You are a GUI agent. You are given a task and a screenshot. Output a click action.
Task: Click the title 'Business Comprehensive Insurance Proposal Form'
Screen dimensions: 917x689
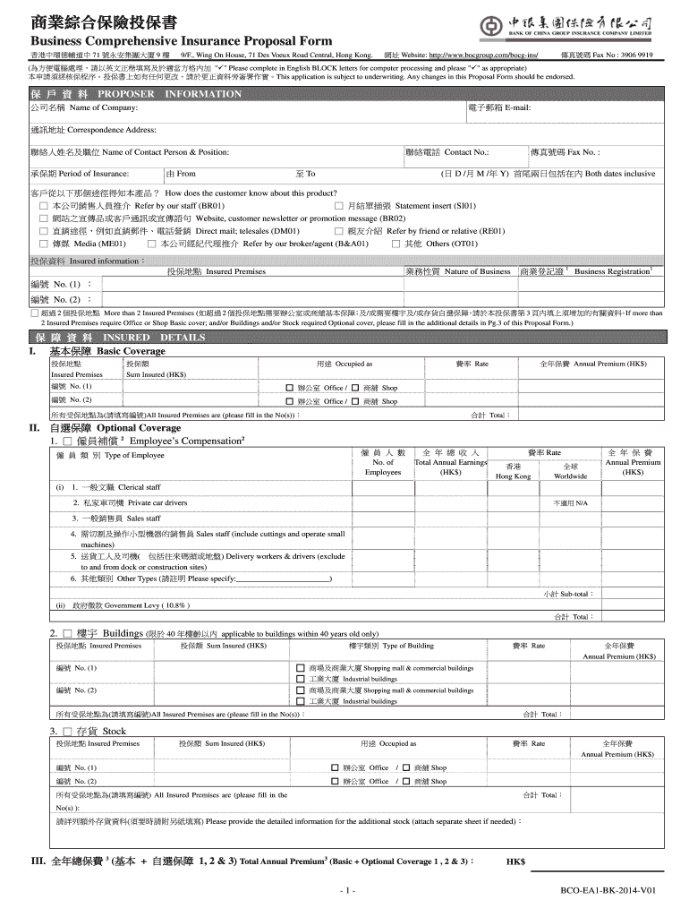182,41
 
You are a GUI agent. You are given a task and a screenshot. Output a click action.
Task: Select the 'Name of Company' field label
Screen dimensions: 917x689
84,107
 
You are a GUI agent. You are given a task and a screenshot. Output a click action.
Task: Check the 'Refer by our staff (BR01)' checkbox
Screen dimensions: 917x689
43,205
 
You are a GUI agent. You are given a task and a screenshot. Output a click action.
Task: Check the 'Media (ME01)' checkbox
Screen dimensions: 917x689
43,243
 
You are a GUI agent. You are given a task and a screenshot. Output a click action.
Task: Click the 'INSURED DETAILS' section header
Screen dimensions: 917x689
134,338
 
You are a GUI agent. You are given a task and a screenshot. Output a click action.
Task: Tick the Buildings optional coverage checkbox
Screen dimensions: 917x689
66,632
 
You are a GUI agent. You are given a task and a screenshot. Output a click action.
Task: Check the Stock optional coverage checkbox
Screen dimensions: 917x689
66,732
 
